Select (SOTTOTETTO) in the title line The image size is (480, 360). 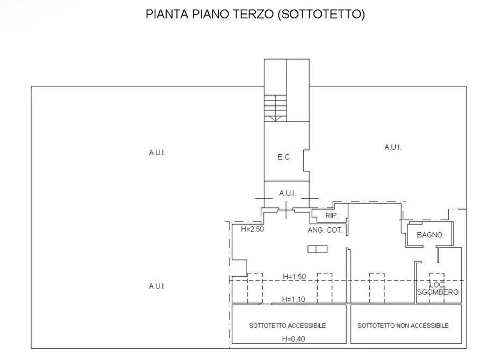tap(321, 15)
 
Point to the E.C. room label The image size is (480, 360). tap(284, 157)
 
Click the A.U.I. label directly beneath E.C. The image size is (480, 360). tap(287, 193)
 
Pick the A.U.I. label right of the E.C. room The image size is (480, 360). tap(392, 147)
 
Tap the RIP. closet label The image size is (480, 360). tap(331, 216)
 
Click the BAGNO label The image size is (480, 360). tap(429, 235)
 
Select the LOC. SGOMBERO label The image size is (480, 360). tap(438, 289)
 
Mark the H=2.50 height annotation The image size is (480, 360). tap(252, 229)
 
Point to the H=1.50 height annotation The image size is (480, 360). tap(294, 277)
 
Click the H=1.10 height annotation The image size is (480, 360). tap(294, 300)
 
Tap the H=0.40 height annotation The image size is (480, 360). tap(294, 339)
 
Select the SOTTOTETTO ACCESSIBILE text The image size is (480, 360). tap(287, 326)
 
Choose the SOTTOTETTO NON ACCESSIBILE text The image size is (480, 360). tap(403, 326)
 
